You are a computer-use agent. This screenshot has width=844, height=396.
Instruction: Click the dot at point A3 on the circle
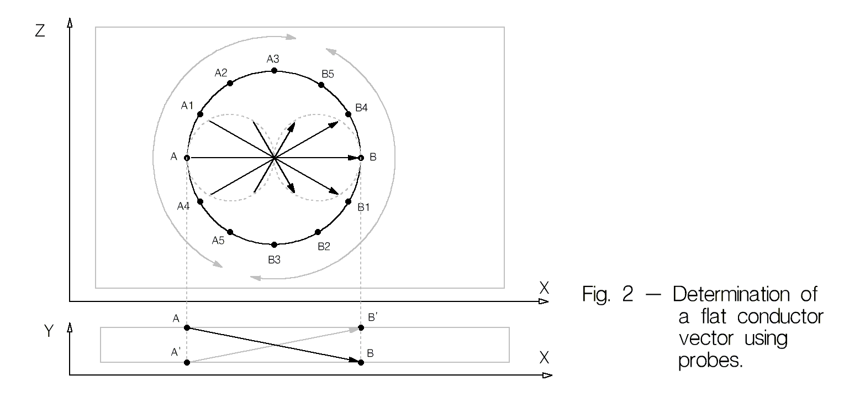(x=274, y=71)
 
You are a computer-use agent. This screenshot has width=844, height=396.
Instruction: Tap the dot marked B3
(x=274, y=244)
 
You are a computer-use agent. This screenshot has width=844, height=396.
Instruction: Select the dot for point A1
(x=200, y=114)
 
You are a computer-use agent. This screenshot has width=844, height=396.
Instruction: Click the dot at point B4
(x=348, y=114)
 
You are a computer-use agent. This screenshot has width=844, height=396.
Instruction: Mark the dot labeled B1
(x=348, y=202)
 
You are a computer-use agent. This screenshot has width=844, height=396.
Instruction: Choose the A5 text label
(x=219, y=241)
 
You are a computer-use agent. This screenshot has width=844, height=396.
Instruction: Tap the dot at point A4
(x=200, y=202)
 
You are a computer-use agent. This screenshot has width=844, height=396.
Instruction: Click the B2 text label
(x=324, y=247)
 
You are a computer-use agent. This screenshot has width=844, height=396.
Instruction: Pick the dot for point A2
(x=230, y=83)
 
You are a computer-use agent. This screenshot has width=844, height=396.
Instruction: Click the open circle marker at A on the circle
(x=187, y=158)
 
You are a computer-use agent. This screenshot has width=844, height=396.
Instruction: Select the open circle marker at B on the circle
(x=361, y=158)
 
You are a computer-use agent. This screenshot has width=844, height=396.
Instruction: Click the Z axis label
(x=39, y=32)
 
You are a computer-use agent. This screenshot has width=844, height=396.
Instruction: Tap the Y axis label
(x=49, y=331)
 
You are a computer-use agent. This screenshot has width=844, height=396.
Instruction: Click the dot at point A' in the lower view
(x=187, y=362)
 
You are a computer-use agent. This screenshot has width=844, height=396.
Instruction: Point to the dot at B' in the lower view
(x=361, y=328)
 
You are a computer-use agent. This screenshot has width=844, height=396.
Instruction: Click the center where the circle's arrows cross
(x=274, y=158)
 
